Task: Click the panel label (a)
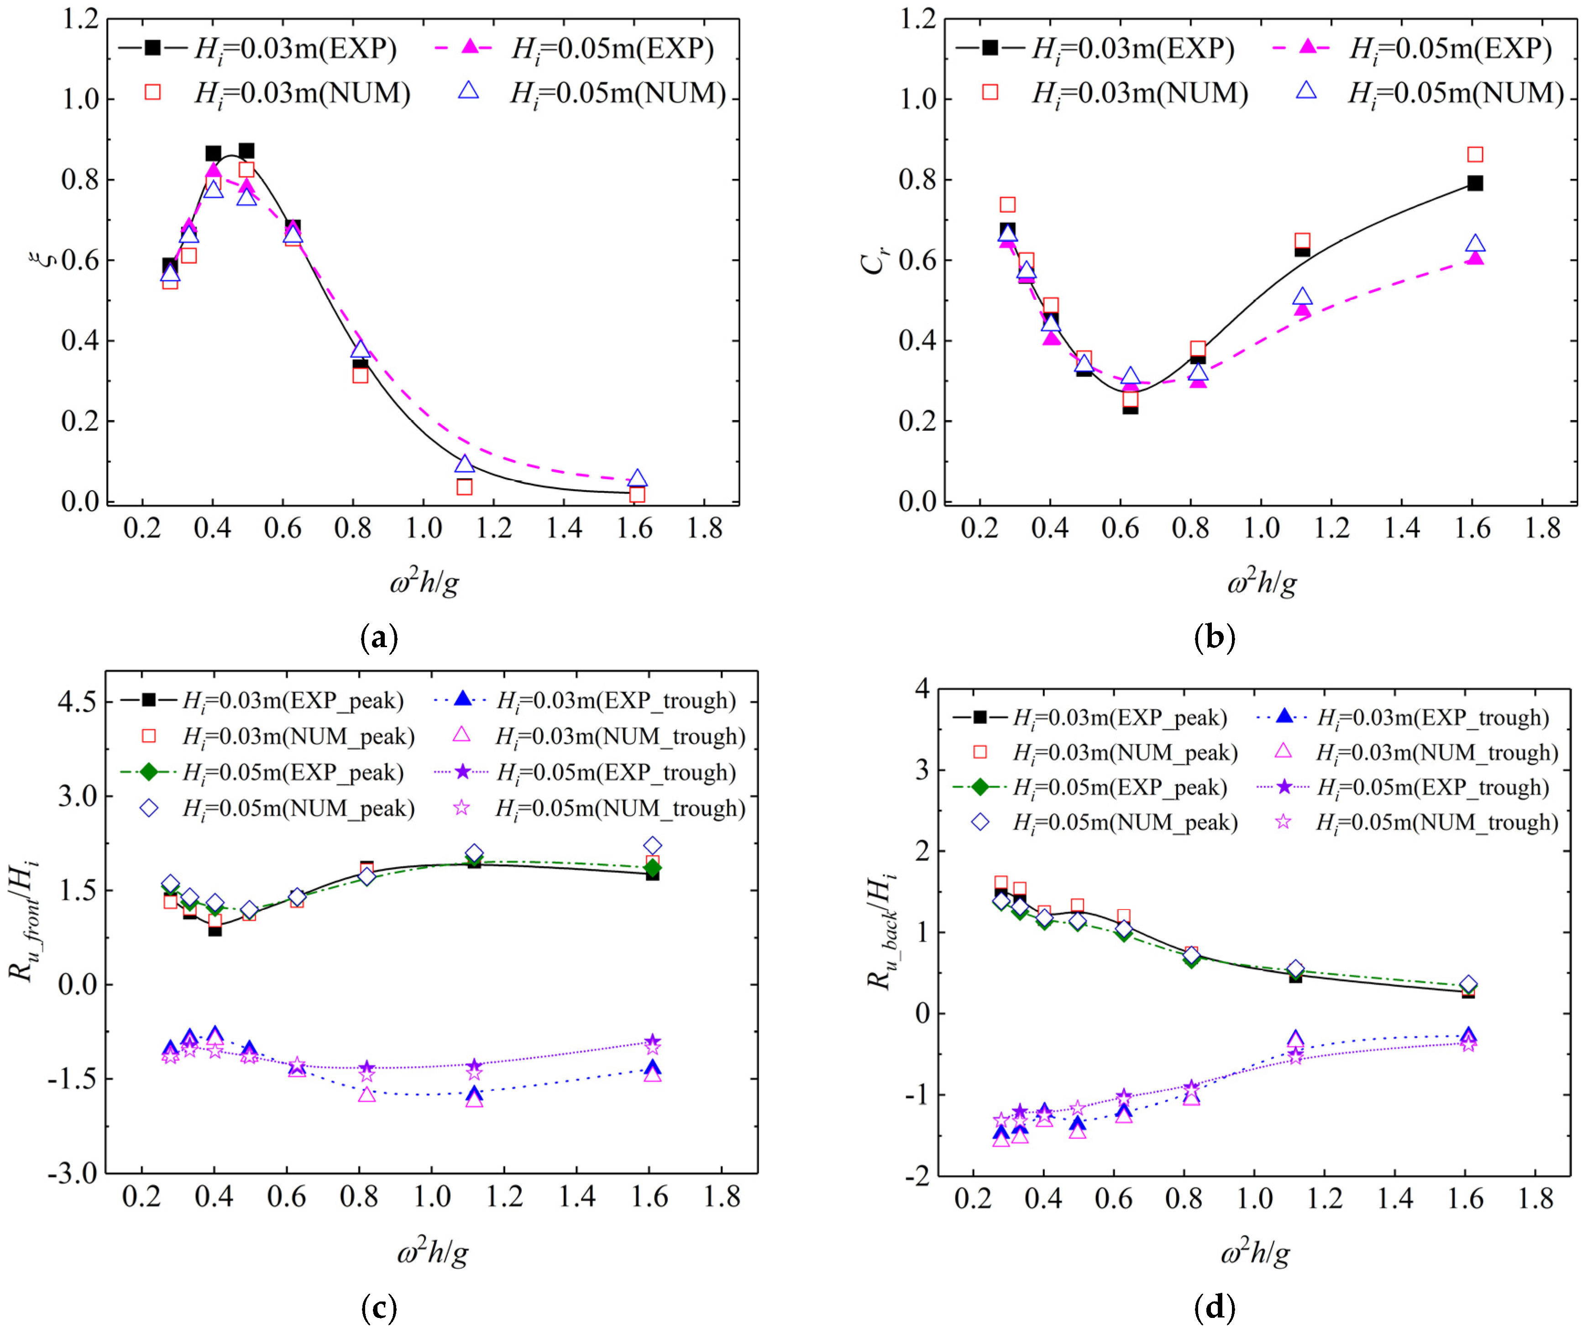pyautogui.click(x=379, y=638)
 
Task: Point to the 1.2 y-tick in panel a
pyautogui.click(x=80, y=19)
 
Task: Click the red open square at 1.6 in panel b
pyautogui.click(x=1475, y=155)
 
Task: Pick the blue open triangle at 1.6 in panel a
pyautogui.click(x=637, y=478)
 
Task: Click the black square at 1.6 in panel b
pyautogui.click(x=1475, y=183)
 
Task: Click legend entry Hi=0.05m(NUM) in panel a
pyautogui.click(x=617, y=93)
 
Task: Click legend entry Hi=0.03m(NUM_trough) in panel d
pyautogui.click(x=1436, y=752)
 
